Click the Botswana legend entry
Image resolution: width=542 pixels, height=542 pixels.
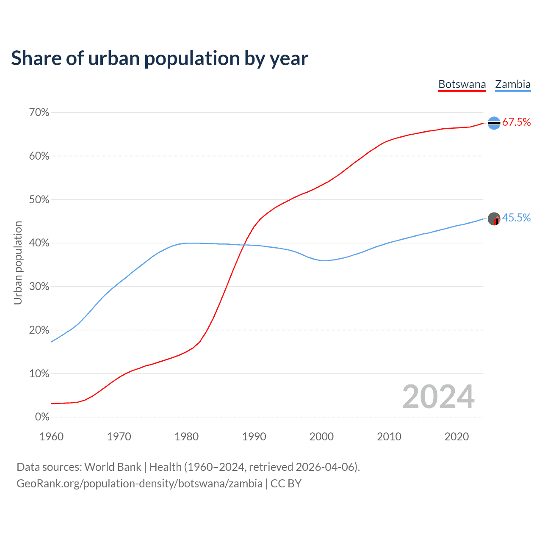tap(462, 84)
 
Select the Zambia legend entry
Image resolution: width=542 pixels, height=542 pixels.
tap(513, 84)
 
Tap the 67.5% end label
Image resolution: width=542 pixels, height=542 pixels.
tap(516, 122)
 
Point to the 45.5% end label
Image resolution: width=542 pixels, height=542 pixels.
tap(516, 218)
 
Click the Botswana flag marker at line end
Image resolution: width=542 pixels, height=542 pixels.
tap(494, 123)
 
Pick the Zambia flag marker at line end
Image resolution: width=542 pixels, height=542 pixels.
tap(494, 219)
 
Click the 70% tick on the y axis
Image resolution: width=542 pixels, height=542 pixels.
tap(39, 113)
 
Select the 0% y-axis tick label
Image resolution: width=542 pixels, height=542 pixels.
tap(42, 417)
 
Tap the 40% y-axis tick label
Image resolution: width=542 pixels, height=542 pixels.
tap(39, 243)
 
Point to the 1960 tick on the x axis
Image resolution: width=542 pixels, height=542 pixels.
tap(51, 437)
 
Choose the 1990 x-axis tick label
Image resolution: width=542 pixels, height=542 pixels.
tap(254, 437)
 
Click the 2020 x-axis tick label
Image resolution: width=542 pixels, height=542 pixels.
tap(456, 437)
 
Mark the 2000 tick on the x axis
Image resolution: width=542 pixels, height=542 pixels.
tap(321, 437)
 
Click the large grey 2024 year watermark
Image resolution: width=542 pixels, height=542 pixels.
tap(438, 397)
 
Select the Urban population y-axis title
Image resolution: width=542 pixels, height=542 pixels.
tap(18, 263)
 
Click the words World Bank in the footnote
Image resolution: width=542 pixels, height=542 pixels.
tap(113, 467)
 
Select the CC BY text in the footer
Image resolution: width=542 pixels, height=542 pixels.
tap(286, 484)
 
